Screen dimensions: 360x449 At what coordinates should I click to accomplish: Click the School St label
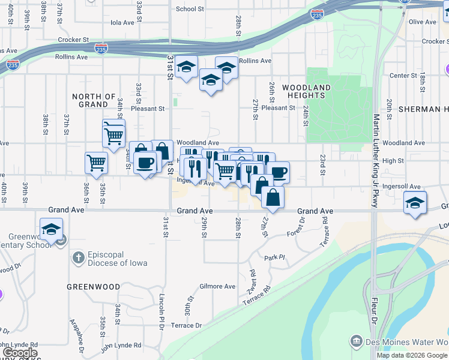pyautogui.click(x=190, y=9)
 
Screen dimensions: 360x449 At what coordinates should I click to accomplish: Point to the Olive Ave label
pyautogui.click(x=422, y=22)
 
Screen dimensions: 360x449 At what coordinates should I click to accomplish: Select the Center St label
pyautogui.click(x=403, y=76)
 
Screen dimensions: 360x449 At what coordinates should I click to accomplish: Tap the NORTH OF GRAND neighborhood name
pyautogui.click(x=94, y=100)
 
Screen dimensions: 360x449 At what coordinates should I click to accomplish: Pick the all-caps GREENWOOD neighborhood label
pyautogui.click(x=94, y=287)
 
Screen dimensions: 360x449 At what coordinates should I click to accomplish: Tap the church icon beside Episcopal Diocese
pyautogui.click(x=77, y=258)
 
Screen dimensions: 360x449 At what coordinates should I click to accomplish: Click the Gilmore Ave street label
pyautogui.click(x=217, y=286)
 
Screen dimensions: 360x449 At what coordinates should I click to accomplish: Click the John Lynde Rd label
pyautogui.click(x=121, y=345)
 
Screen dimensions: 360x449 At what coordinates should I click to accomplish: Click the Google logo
pyautogui.click(x=20, y=353)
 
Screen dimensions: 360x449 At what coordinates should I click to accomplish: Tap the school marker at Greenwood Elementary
pyautogui.click(x=52, y=229)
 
